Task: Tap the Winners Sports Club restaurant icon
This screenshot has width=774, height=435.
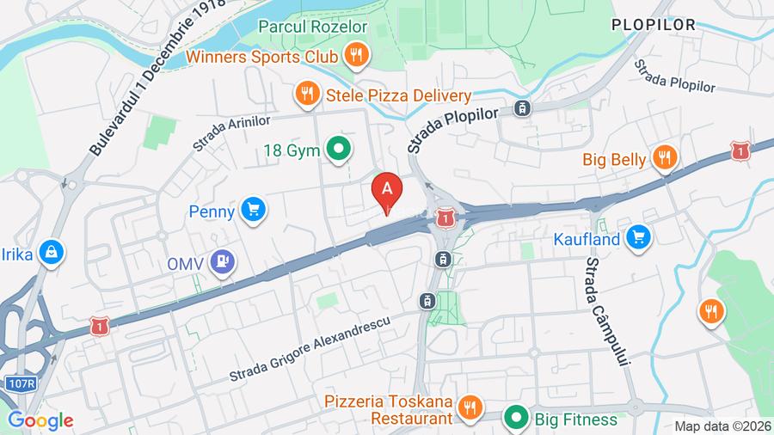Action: [x=354, y=57]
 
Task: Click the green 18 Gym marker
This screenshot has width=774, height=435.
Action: [x=339, y=150]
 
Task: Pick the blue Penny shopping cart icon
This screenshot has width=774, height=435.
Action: [x=252, y=210]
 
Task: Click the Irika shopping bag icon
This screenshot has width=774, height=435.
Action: [x=51, y=252]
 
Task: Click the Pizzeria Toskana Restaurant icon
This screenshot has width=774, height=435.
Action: [x=469, y=407]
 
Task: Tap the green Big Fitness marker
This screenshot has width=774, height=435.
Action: [x=516, y=419]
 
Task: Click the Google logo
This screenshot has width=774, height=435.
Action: [x=40, y=421]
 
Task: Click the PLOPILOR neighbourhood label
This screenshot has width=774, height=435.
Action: [x=654, y=25]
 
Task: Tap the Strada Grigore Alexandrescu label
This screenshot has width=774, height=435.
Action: [x=310, y=347]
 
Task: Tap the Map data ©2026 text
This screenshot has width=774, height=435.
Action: [x=722, y=426]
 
